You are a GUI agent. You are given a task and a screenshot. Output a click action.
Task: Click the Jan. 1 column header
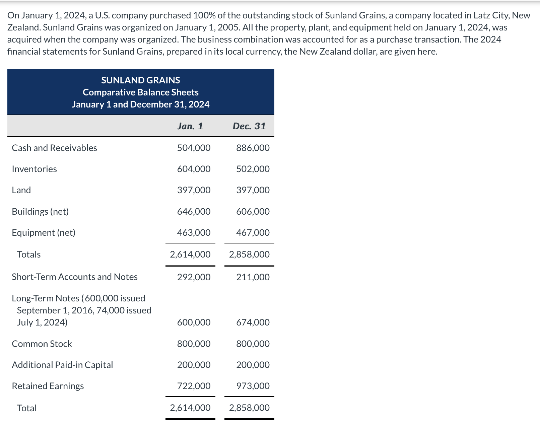pos(190,126)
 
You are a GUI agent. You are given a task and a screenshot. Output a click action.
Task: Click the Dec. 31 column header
pos(249,126)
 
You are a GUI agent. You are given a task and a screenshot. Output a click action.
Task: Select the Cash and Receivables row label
pos(54,148)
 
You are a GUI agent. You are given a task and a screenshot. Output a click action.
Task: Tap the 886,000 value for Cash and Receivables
pos(253,148)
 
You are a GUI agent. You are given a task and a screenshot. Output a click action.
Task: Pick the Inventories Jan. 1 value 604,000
pos(194,169)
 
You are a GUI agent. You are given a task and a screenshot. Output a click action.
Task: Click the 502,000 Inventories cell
pos(253,169)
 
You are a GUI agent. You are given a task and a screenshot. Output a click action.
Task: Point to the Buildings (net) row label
pos(40,212)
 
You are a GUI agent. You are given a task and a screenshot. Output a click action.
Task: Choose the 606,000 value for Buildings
pos(253,212)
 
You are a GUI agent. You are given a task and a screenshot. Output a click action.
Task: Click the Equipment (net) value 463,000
pos(194,233)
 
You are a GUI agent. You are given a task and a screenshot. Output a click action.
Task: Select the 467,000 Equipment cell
pos(253,233)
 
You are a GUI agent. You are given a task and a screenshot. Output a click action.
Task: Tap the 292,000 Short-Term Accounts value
pos(194,277)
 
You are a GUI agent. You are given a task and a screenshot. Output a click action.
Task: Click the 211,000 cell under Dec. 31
pos(253,277)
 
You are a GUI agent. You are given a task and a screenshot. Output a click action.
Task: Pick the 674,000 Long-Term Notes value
pos(253,322)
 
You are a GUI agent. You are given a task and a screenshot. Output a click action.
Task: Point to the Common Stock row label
pos(42,344)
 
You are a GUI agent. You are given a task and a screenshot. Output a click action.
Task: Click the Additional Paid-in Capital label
pos(62,365)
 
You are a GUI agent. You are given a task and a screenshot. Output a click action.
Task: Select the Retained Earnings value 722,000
pos(194,386)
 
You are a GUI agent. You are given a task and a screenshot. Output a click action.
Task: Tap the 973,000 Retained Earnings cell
pos(253,386)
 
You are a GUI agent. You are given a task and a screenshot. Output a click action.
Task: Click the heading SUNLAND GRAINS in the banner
pos(141,80)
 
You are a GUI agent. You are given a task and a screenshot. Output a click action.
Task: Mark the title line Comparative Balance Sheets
pos(141,92)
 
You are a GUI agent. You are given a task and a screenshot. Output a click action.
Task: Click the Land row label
pos(21,190)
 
